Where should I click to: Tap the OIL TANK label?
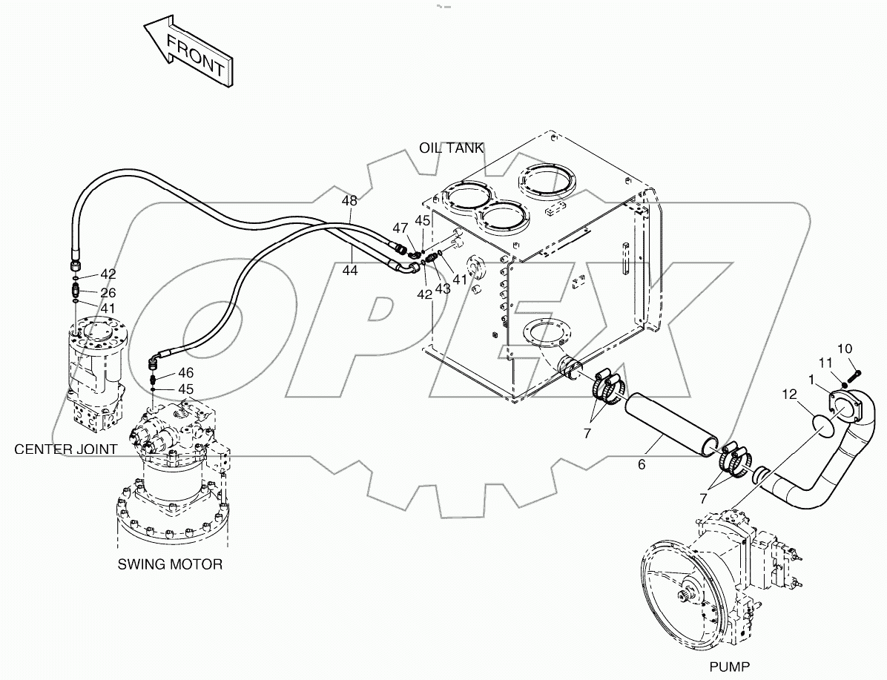[x=452, y=148]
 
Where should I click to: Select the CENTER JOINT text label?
[x=65, y=449]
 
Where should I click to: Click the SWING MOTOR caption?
[x=170, y=564]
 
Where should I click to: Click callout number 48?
[x=349, y=201]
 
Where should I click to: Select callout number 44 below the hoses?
[x=349, y=271]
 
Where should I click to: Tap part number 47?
[x=400, y=228]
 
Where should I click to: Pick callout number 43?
[x=443, y=288]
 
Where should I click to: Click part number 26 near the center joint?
[x=108, y=293]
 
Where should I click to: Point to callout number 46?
[x=185, y=373]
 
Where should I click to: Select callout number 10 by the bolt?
[x=845, y=349]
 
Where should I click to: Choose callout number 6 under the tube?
[x=642, y=465]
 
